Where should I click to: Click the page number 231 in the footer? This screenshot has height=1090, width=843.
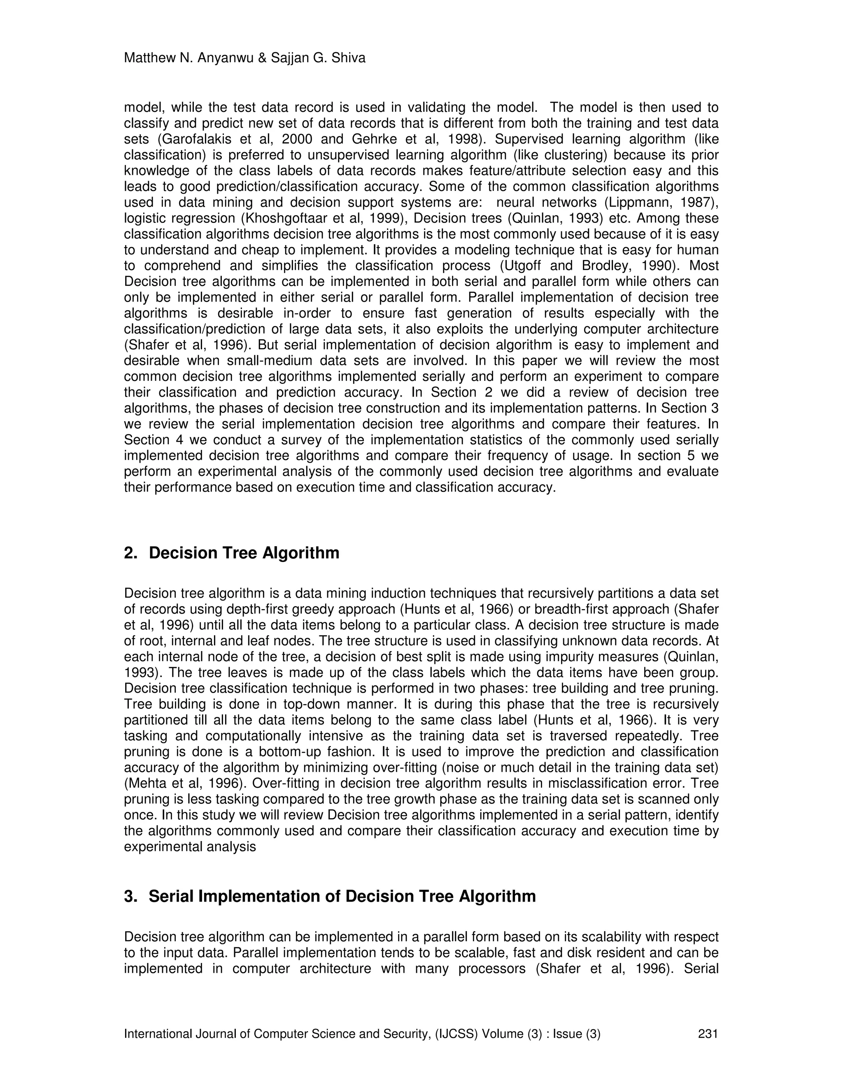click(708, 1034)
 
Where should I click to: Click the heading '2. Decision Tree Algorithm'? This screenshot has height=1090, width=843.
click(232, 553)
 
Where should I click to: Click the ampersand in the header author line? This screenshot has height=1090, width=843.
click(262, 58)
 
